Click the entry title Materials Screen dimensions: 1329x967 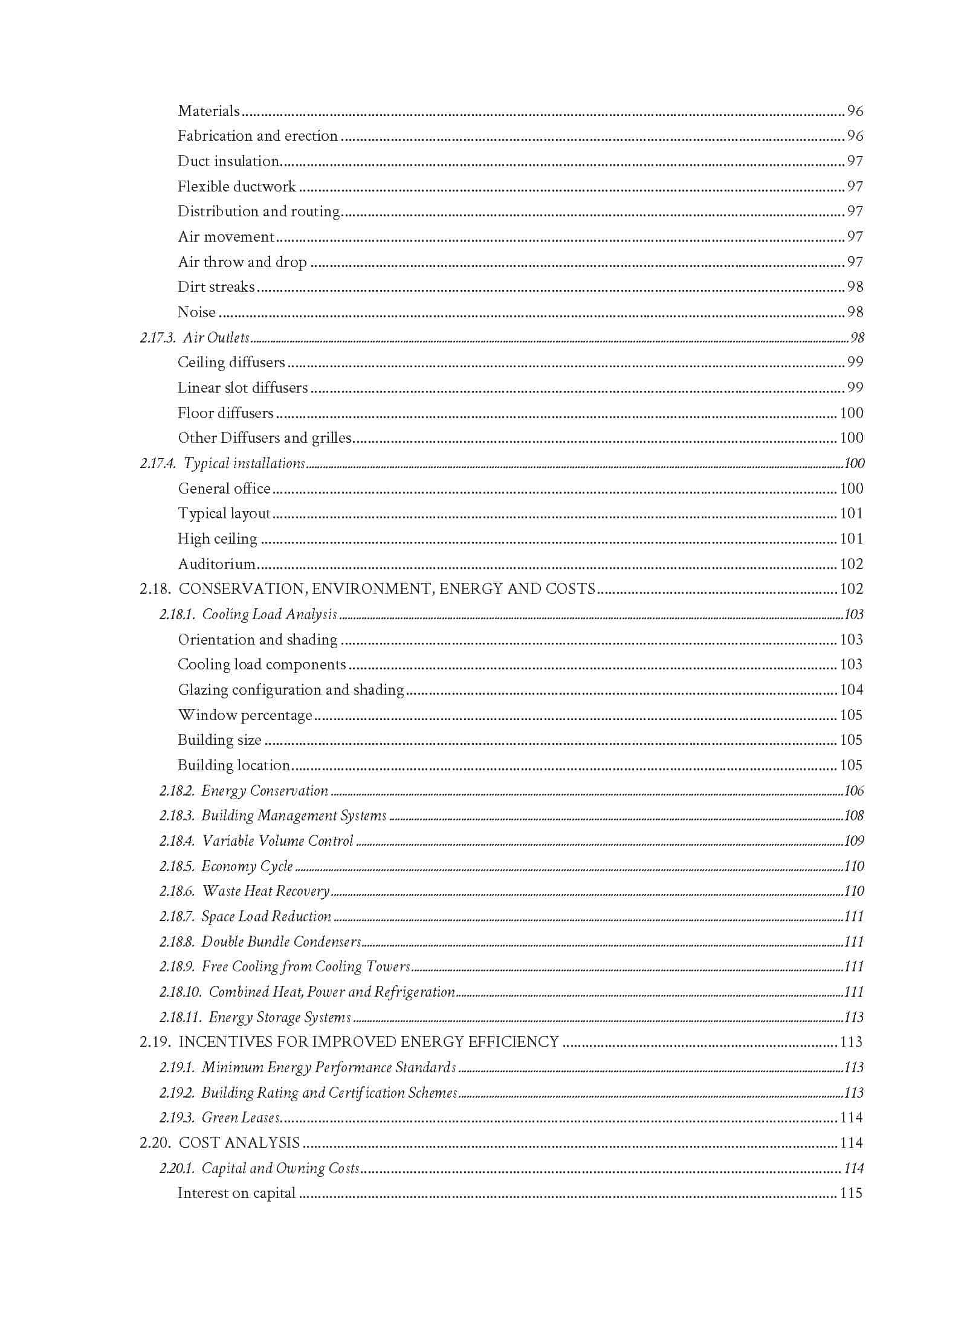pyautogui.click(x=209, y=111)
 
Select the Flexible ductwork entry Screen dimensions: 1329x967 pyautogui.click(x=236, y=187)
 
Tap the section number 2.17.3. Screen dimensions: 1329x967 pyautogui.click(x=158, y=338)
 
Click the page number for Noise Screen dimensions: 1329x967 pyautogui.click(x=855, y=312)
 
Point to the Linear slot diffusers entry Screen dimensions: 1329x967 pyautogui.click(x=242, y=388)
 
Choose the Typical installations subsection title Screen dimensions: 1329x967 pyautogui.click(x=244, y=463)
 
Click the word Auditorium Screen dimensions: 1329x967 pyautogui.click(x=216, y=564)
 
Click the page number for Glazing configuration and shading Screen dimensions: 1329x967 pyautogui.click(x=851, y=690)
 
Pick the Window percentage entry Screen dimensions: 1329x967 pyautogui.click(x=245, y=715)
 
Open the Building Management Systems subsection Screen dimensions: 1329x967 pyautogui.click(x=294, y=816)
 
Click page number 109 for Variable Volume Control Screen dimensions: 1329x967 pyautogui.click(x=853, y=841)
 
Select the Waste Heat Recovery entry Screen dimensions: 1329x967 pyautogui.click(x=265, y=891)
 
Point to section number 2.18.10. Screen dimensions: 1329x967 pyautogui.click(x=180, y=992)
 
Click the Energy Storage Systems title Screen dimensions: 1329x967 pyautogui.click(x=279, y=1017)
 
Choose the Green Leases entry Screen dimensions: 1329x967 pyautogui.click(x=241, y=1118)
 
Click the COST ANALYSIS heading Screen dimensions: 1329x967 pyautogui.click(x=239, y=1143)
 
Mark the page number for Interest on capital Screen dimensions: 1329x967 pyautogui.click(x=851, y=1193)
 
